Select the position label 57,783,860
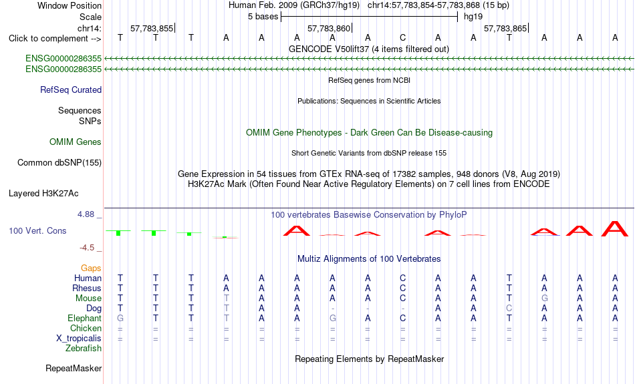click(328, 28)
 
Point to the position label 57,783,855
click(152, 28)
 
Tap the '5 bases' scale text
click(263, 17)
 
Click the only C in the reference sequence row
click(402, 38)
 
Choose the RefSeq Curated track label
click(71, 90)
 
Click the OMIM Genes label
click(76, 142)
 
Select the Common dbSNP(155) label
click(59, 163)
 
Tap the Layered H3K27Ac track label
click(43, 194)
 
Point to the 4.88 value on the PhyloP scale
click(86, 214)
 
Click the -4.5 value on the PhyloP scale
click(87, 248)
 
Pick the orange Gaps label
click(91, 268)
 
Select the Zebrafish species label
click(84, 349)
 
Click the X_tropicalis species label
click(79, 339)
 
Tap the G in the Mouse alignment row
click(545, 299)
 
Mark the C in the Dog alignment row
click(509, 309)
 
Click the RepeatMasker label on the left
click(74, 368)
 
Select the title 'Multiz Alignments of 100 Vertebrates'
click(369, 259)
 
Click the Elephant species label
click(85, 319)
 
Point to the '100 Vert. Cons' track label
click(37, 230)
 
